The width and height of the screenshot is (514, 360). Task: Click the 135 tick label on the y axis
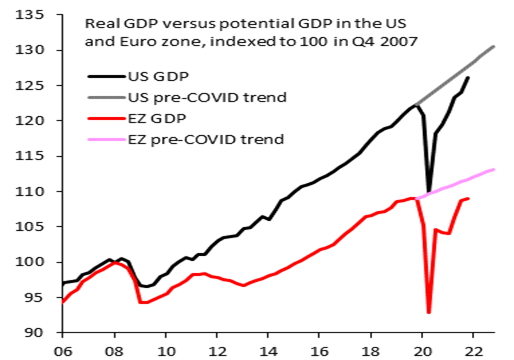(x=29, y=15)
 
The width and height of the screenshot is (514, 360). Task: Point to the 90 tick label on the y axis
(x=34, y=332)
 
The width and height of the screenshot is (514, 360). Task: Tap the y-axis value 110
(x=29, y=191)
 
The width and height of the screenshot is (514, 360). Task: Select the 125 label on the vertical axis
(x=29, y=85)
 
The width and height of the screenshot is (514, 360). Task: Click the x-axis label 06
(x=63, y=351)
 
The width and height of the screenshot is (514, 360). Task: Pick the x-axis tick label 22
(x=473, y=351)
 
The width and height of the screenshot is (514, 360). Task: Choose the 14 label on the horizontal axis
(x=268, y=351)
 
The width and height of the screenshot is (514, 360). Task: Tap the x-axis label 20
(x=422, y=351)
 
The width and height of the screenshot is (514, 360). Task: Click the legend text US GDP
(x=159, y=77)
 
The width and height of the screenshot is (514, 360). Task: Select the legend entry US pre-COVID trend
(x=207, y=97)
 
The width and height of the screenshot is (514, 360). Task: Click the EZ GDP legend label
(x=157, y=118)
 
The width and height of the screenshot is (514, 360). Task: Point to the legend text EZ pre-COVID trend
(x=206, y=139)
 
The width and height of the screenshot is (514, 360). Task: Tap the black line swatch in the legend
(x=107, y=77)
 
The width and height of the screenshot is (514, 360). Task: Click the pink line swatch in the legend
(x=107, y=139)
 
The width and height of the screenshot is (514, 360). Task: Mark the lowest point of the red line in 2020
(x=429, y=312)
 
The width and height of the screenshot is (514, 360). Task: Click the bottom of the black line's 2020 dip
(x=429, y=191)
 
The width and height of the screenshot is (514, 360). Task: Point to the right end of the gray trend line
(x=494, y=46)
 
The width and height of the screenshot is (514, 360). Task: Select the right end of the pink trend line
(x=494, y=170)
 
